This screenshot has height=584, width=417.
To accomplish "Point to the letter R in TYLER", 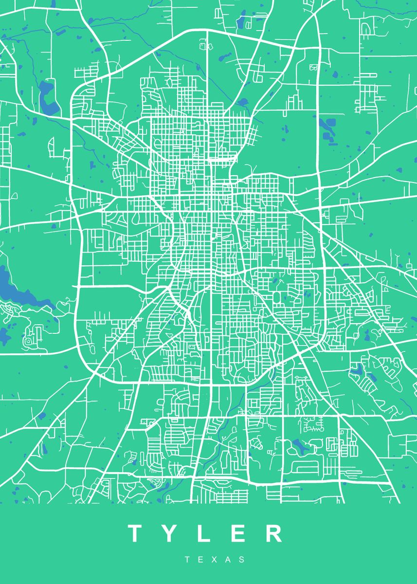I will point(274,533).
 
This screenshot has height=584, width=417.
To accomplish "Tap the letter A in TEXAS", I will point(229,560).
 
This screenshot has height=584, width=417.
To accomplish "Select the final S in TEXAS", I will point(242,560).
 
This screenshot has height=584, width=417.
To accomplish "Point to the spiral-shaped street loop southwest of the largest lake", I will point(29,340).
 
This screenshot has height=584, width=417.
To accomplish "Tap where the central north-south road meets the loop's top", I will point(208,30).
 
